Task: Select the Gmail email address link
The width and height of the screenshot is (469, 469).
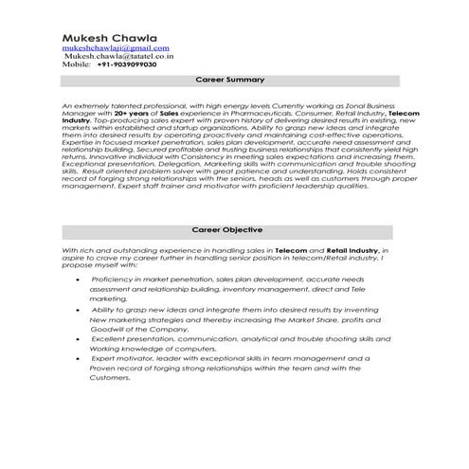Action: [116, 45]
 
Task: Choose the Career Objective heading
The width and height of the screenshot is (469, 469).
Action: [228, 229]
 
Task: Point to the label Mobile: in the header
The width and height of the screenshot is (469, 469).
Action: [80, 64]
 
